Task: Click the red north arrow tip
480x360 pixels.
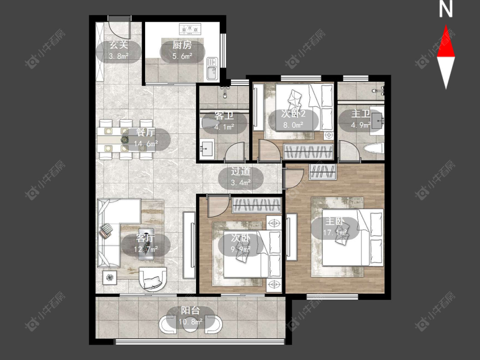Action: coord(446,26)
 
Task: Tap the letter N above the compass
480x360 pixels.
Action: coord(446,9)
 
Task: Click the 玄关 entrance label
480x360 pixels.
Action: coord(119,45)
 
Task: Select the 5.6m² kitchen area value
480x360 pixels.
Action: coord(182,56)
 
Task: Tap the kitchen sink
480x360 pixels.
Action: coord(212,69)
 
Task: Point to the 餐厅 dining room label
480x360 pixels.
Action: coord(146,133)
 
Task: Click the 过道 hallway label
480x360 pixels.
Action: coord(241,171)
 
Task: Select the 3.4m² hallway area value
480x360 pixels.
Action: coord(241,183)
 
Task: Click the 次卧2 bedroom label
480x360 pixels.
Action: coord(293,114)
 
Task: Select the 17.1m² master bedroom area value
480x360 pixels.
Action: coord(335,232)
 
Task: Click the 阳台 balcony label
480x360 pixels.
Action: coord(190,311)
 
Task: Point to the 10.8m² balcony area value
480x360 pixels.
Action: coord(190,322)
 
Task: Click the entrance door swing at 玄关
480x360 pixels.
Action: coord(120,28)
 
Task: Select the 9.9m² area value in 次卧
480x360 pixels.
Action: coord(241,249)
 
